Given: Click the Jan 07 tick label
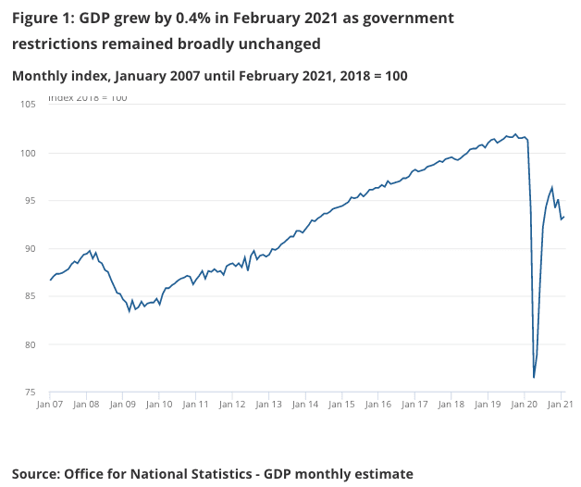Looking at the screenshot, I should point(50,405).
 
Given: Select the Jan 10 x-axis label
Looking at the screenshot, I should point(159,405).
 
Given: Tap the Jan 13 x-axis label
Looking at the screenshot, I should point(268,405).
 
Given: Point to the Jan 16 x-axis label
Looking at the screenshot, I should point(378,405).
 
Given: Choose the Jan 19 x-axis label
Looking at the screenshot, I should point(488,405).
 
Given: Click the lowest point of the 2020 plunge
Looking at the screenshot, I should point(534,378).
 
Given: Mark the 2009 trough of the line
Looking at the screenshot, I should point(130,311).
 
